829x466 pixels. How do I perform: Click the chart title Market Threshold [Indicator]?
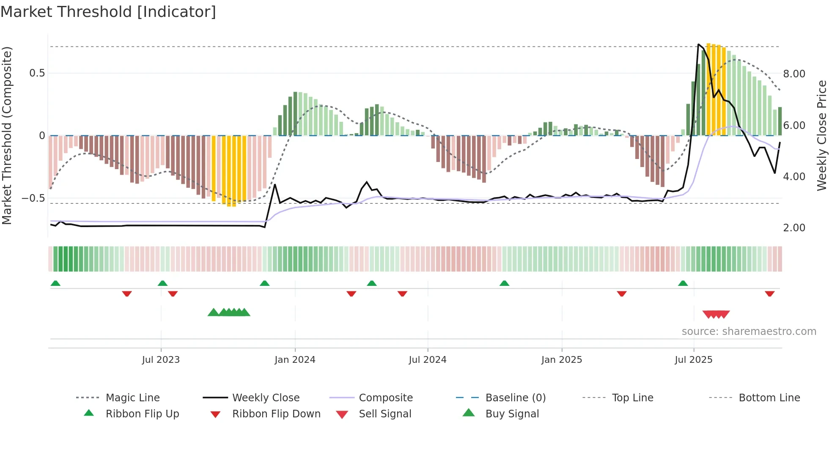[x=108, y=12]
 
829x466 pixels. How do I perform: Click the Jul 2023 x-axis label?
[x=161, y=360]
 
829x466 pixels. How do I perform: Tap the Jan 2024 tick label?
[x=295, y=360]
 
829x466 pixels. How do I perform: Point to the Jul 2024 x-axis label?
[x=428, y=360]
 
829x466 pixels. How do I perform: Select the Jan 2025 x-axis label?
[x=562, y=360]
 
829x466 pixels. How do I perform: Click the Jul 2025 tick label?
[x=694, y=360]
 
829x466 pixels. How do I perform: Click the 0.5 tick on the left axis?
[x=37, y=73]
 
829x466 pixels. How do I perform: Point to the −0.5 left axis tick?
[x=33, y=198]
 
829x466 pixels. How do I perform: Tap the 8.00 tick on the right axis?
[x=794, y=74]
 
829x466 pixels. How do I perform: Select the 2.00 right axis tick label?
[x=794, y=228]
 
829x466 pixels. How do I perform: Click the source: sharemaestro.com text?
[x=749, y=332]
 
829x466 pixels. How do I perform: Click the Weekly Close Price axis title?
[x=821, y=136]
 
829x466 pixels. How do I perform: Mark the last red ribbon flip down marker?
[x=769, y=293]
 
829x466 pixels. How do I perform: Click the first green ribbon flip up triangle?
[x=55, y=283]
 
